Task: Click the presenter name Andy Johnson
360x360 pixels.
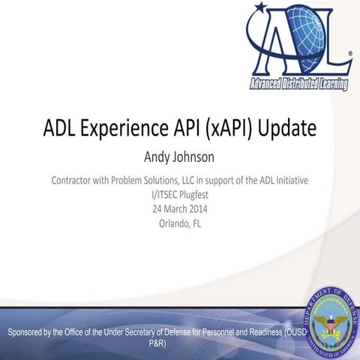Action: [179, 158]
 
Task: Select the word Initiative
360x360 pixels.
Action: [289, 181]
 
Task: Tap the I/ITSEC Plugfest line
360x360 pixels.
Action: [179, 194]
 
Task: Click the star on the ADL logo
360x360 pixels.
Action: [260, 9]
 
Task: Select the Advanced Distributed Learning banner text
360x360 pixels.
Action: [298, 82]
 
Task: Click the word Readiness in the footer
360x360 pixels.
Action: [262, 331]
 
